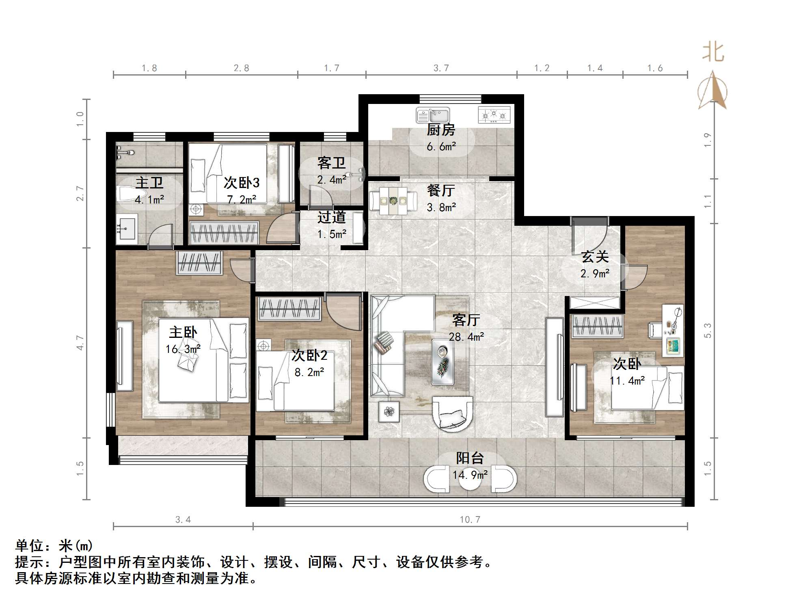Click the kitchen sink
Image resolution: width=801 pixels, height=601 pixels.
coord(432,115)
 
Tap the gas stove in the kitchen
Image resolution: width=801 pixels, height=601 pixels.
coord(494,115)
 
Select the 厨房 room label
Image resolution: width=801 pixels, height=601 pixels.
coord(441,130)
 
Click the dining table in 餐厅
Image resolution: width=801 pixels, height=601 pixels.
coord(393,201)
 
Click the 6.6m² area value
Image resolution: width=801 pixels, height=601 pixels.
coord(441,146)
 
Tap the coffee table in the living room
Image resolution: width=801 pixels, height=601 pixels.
coord(443,362)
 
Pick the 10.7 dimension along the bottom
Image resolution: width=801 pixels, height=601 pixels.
coord(470,519)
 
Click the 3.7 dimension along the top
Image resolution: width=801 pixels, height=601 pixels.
coord(441,68)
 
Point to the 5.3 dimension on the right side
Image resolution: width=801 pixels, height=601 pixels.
coord(708,331)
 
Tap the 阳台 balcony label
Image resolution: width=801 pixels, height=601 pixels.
coord(470,458)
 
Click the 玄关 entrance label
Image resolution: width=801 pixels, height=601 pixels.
coord(595,257)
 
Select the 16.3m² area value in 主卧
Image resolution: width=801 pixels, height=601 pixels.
coord(183,349)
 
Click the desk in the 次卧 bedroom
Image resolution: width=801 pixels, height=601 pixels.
coord(673,331)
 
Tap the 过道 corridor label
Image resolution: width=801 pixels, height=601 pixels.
coord(332,217)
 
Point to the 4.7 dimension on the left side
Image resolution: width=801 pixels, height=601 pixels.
coord(80,343)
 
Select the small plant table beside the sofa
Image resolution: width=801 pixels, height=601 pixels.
coord(389,412)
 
